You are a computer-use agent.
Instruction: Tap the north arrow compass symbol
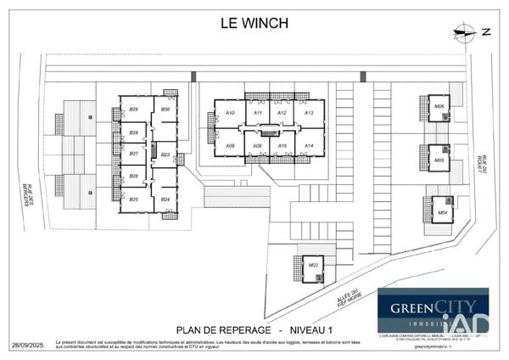pos(465,34)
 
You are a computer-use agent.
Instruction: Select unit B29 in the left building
pos(134,110)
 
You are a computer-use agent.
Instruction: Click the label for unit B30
pos(165,110)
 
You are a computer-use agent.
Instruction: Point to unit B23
pos(165,155)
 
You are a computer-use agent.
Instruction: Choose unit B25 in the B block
pos(134,199)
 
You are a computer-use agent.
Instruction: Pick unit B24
pos(165,199)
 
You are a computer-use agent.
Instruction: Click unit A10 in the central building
pos(229,113)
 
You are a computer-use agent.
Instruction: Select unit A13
pos(309,113)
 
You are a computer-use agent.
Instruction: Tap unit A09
pos(229,146)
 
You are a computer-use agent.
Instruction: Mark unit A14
pos(309,146)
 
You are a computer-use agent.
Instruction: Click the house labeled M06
pos(439,107)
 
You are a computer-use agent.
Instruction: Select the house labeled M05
pos(439,160)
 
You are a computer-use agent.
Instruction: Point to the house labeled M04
pos(442,211)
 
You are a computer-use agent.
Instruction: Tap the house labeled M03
pos(313,266)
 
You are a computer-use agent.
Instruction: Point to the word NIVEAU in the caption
pos(310,329)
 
